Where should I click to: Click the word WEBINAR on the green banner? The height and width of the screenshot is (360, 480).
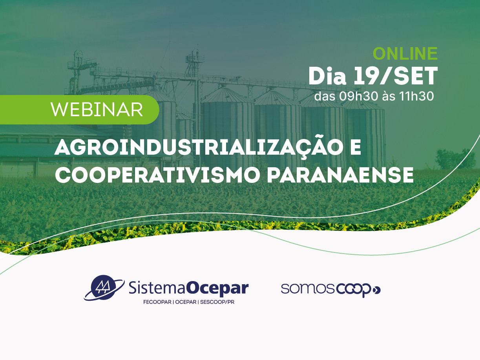coord(97,110)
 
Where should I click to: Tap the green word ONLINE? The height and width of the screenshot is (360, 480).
coord(405,53)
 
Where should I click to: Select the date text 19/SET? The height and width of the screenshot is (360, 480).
coord(396,76)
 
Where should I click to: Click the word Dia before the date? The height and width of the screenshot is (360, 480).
coord(327,76)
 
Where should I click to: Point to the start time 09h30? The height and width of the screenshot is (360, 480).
coord(358,96)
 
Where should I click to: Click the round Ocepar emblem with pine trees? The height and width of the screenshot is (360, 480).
coord(104,288)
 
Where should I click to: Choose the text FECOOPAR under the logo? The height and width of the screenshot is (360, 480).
coord(157,302)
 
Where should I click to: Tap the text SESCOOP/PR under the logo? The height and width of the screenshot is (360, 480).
coord(217,302)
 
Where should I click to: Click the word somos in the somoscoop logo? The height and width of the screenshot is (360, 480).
coord(308,289)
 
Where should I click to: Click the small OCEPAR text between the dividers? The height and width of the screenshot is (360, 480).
coord(186,302)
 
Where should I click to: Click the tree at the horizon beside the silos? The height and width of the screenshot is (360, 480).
coord(455,159)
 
